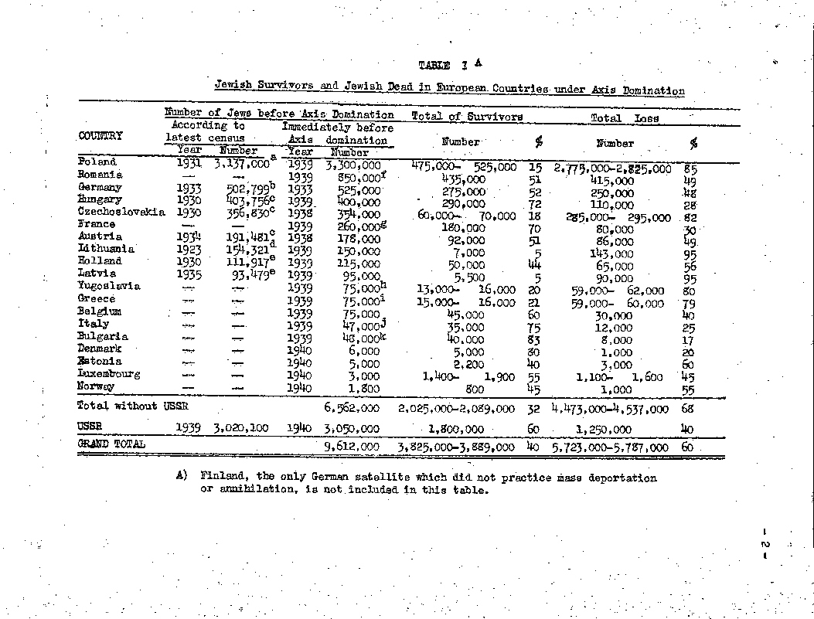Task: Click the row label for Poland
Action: tap(97, 162)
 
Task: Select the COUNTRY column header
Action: tap(100, 136)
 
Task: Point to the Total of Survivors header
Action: tap(467, 117)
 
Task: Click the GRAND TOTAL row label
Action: tap(111, 444)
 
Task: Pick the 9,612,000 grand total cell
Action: tap(350, 447)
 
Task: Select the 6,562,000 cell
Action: tap(350, 407)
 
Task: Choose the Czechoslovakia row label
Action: tap(121, 212)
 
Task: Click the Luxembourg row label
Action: tap(109, 374)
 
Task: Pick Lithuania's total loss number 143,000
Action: tap(611, 253)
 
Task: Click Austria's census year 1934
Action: tap(189, 236)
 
